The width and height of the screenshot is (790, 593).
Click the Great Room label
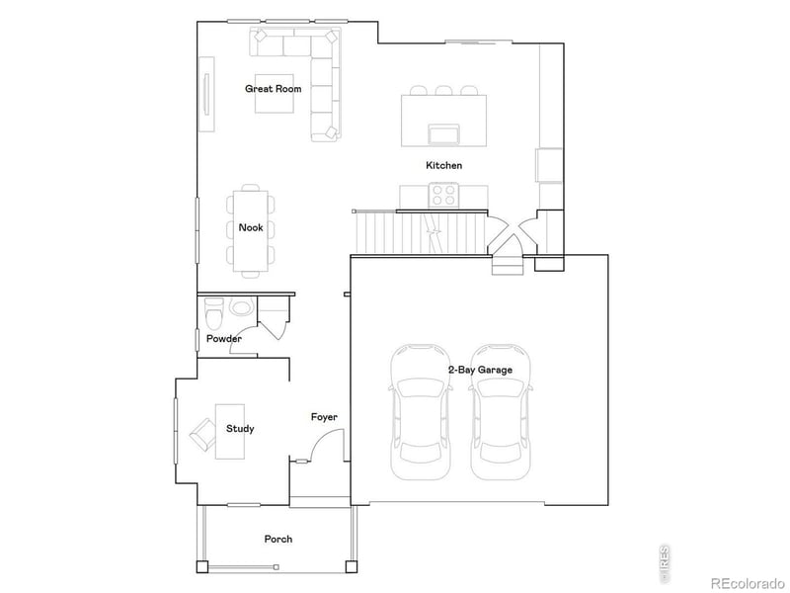pyautogui.click(x=274, y=89)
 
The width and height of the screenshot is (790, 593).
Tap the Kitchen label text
pyautogui.click(x=443, y=166)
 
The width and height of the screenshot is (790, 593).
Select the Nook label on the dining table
pyautogui.click(x=251, y=227)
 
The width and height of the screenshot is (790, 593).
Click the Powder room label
pyautogui.click(x=224, y=339)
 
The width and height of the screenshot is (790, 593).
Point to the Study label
pyautogui.click(x=240, y=429)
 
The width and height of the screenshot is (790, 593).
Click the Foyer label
pyautogui.click(x=324, y=417)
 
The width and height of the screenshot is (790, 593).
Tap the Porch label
pyautogui.click(x=277, y=539)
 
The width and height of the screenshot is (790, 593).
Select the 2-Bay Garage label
pyautogui.click(x=479, y=370)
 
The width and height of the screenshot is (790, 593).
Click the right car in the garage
pyautogui.click(x=503, y=410)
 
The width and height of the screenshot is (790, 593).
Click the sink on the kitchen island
pyautogui.click(x=443, y=133)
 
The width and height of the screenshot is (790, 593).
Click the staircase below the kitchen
pyautogui.click(x=420, y=234)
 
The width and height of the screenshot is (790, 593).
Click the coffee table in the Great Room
pyautogui.click(x=274, y=94)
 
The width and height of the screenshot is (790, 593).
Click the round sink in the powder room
pyautogui.click(x=240, y=307)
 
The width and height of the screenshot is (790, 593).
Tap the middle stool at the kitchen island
pyautogui.click(x=443, y=91)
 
